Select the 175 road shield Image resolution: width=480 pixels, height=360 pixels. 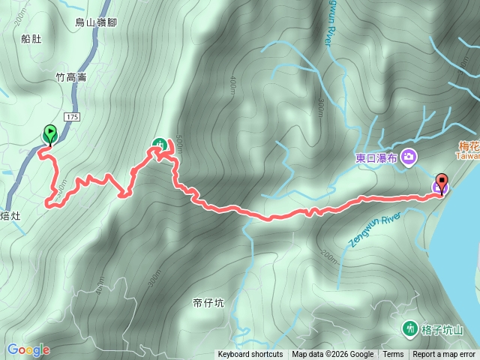pos(72,117)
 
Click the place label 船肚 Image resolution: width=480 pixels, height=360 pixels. pos(31,39)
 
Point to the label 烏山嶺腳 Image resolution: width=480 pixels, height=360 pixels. pos(95,23)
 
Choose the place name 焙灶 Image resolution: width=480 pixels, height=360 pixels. pos(13,217)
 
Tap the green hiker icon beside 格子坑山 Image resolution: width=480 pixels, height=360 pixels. pos(409,328)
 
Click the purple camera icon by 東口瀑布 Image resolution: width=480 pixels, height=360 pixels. pos(409,157)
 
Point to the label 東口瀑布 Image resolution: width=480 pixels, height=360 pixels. pos(376,157)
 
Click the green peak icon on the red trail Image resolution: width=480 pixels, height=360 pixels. pos(159,144)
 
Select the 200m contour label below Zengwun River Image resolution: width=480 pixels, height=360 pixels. pos(327,257)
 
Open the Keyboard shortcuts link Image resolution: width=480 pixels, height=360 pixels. pos(250,355)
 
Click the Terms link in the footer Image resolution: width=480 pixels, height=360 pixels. pos(393,355)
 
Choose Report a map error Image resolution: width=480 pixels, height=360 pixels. pos(445,355)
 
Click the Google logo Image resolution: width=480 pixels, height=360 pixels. pos(28,349)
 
